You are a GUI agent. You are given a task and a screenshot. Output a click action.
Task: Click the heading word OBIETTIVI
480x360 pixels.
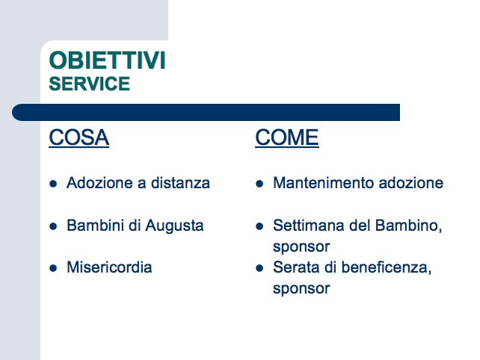tap(107, 60)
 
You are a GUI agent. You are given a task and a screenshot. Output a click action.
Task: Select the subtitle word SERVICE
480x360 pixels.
tap(90, 84)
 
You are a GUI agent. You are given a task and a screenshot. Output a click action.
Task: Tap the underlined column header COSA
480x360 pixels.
tap(79, 137)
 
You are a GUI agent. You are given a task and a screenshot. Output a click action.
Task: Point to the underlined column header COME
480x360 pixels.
tap(287, 137)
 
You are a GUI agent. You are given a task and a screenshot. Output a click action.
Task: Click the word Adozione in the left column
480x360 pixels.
tap(99, 183)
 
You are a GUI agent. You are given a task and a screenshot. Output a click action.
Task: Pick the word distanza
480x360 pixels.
tap(181, 183)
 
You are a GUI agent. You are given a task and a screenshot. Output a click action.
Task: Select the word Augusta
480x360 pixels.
tap(174, 226)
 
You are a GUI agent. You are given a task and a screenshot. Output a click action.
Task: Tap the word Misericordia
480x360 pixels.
tap(109, 267)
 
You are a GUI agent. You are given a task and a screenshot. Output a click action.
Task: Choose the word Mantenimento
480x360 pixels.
tap(323, 183)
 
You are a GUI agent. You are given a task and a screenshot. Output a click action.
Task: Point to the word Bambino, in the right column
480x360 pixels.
tap(409, 226)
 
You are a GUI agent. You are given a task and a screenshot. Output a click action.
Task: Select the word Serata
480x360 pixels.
tap(296, 267)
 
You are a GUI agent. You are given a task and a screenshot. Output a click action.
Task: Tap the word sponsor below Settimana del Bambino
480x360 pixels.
tap(301, 247)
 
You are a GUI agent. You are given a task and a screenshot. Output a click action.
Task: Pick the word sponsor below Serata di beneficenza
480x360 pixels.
tap(301, 289)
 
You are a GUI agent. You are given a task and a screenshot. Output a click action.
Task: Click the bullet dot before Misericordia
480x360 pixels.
tap(53, 268)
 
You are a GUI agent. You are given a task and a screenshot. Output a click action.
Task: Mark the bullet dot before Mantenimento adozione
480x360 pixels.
tap(259, 184)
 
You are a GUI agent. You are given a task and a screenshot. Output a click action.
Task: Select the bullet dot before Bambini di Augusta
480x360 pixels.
tap(53, 226)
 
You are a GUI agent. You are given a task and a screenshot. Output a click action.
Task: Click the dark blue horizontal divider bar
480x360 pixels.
tap(206, 112)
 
